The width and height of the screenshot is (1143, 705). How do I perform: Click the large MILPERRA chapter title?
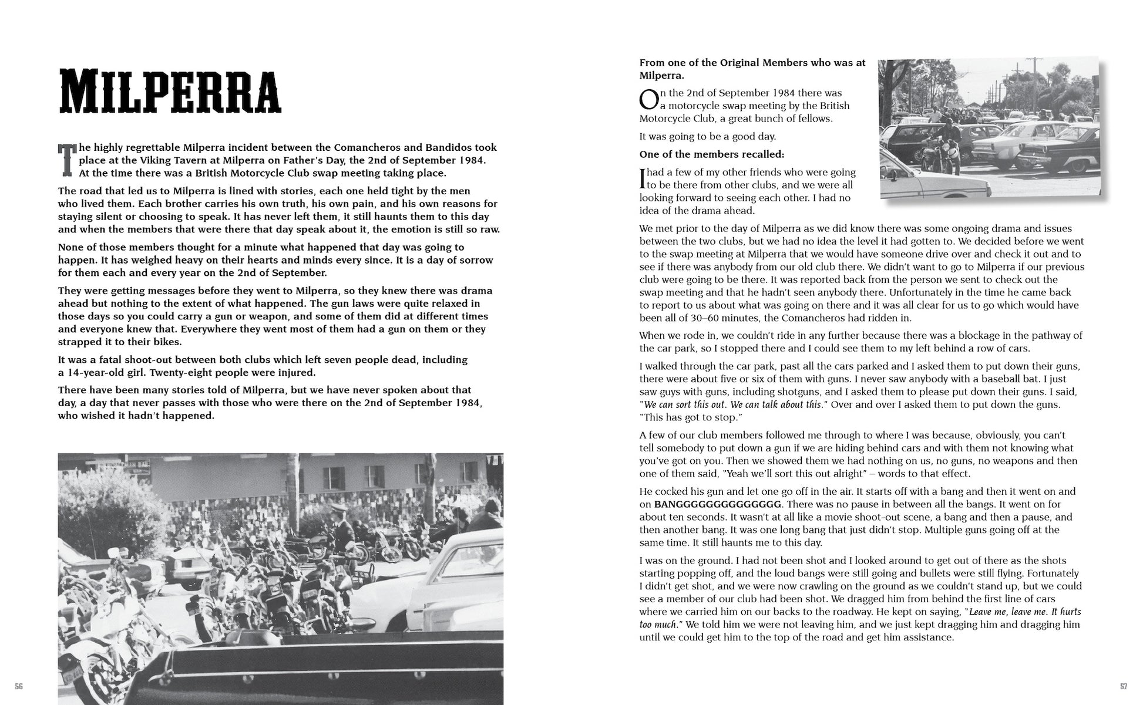(x=170, y=92)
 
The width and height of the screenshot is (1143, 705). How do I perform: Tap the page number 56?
(x=19, y=686)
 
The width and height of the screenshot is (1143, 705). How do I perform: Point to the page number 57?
(x=1124, y=686)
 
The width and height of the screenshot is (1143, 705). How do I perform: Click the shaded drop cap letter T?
(x=67, y=159)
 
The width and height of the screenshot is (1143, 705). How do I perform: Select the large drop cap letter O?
(x=648, y=100)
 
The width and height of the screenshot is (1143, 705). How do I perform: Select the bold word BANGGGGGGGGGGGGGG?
(x=718, y=505)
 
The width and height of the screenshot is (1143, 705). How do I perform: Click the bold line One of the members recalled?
(x=711, y=154)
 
